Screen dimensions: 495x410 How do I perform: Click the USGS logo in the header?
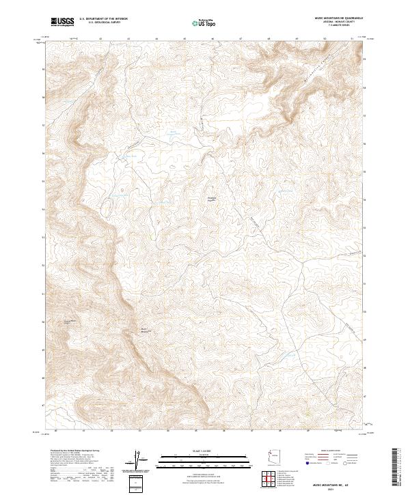pos(62,22)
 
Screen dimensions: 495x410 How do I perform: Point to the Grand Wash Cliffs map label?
pos(69,320)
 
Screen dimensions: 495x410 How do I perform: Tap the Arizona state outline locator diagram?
pos(273,459)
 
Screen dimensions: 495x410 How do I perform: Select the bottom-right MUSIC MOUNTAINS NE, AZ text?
pos(334,482)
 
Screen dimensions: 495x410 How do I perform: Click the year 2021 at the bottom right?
pos(334,488)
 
